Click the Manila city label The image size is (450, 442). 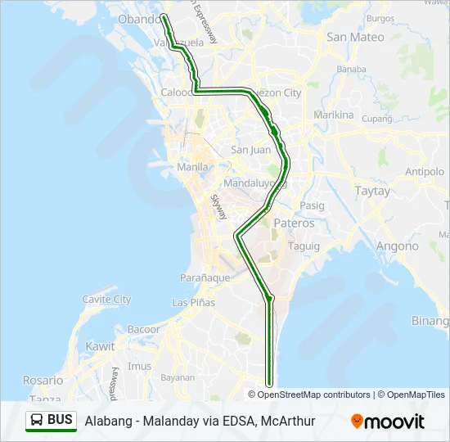point(193,167)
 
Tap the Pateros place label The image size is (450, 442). point(294,223)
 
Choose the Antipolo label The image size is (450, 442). point(425,173)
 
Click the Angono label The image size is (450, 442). point(397,246)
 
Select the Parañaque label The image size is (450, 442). point(205,277)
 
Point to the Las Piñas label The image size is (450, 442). point(194,302)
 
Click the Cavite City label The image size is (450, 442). point(107,300)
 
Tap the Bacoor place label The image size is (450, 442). point(143,329)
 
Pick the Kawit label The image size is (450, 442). point(101,346)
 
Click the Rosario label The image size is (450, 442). point(43,381)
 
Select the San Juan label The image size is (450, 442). point(250,150)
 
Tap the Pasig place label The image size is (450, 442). point(312,205)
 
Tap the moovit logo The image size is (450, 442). point(388,422)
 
